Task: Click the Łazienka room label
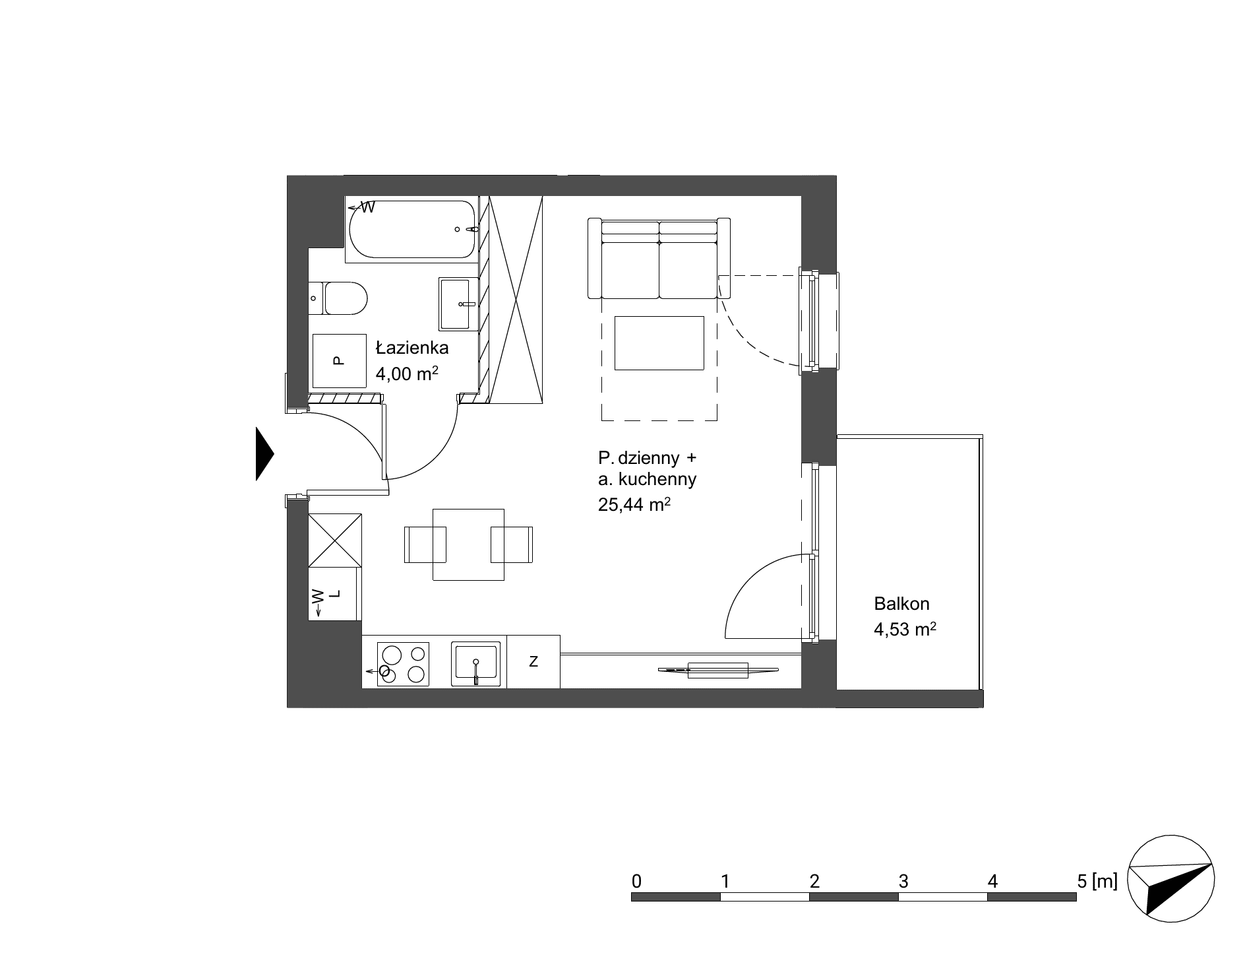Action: tap(412, 348)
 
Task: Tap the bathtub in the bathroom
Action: tap(411, 229)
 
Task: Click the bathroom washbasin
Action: tap(459, 304)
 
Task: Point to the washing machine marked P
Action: tap(339, 361)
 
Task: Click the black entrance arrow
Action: tap(264, 453)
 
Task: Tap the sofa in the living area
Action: tap(659, 258)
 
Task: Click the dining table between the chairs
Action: tap(468, 544)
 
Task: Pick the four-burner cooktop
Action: tap(403, 665)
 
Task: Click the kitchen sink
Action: tap(475, 663)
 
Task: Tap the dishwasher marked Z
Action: tap(533, 661)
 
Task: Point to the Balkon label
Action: tap(901, 603)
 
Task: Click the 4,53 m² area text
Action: tap(905, 629)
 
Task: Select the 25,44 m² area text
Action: tap(634, 505)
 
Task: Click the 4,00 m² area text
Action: tap(407, 374)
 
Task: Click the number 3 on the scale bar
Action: tap(903, 881)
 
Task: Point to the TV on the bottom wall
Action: tap(718, 671)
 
